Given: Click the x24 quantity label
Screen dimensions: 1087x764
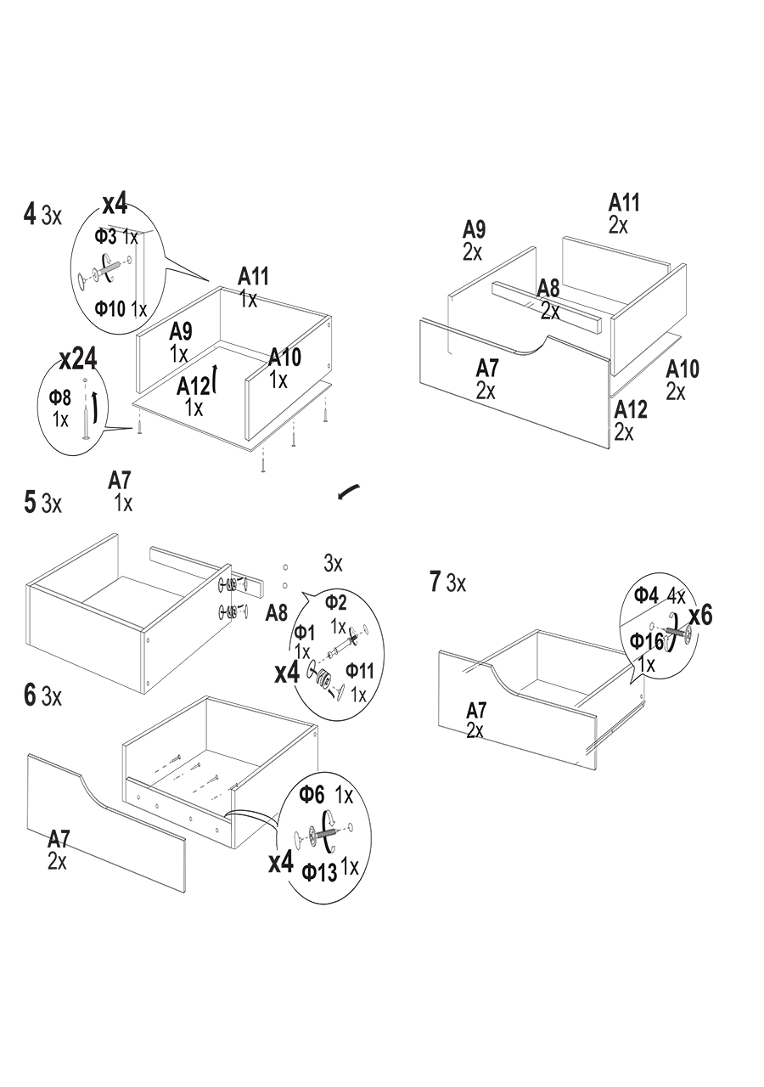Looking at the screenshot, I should tap(78, 358).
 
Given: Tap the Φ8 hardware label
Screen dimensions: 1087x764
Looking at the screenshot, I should tap(59, 397).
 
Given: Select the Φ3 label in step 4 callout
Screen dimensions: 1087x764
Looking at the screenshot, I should tap(105, 236).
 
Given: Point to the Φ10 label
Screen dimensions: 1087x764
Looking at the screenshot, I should tap(110, 307).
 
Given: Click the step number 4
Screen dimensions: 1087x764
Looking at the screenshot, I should tap(30, 214).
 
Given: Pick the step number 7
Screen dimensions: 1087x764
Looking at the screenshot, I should tap(435, 583).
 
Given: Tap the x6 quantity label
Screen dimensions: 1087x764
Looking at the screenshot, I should tap(699, 616).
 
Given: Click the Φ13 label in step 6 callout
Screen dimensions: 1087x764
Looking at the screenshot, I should tap(319, 871).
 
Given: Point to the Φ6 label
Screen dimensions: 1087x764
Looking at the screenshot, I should tap(312, 795).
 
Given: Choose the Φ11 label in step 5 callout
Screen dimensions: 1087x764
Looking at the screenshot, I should tap(359, 672).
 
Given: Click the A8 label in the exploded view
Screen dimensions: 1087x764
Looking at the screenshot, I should tap(548, 289).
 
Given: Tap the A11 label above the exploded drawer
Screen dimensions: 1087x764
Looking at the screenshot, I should tap(624, 203).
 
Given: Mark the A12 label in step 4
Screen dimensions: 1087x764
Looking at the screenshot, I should tap(193, 386).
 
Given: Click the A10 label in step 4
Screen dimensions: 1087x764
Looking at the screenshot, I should tap(284, 358).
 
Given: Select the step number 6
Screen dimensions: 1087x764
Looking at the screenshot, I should tap(30, 696).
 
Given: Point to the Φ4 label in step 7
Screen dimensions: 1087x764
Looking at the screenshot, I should tap(647, 595).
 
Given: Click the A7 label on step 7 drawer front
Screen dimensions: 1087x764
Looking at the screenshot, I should tap(476, 710).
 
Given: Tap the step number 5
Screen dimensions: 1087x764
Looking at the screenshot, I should tap(30, 503).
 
